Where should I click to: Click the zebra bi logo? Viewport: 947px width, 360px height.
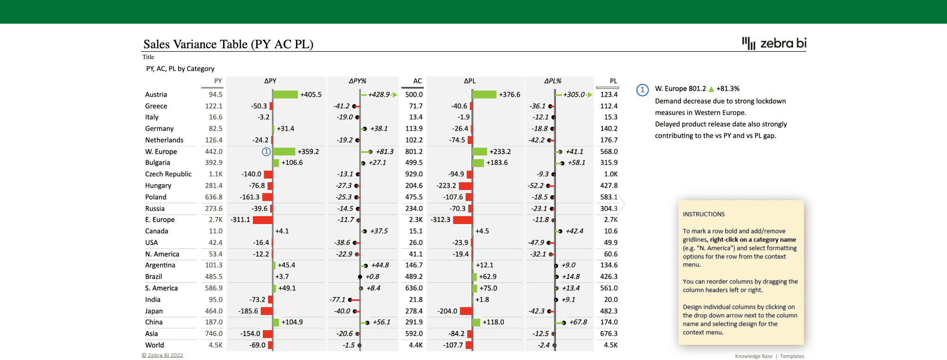point(774,44)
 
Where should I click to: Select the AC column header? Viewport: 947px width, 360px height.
point(417,81)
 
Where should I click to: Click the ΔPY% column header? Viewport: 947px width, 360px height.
point(357,81)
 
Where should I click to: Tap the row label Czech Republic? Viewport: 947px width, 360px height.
point(168,174)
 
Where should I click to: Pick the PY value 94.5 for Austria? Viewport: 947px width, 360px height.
point(215,95)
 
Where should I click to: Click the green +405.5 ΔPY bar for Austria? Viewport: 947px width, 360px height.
point(285,95)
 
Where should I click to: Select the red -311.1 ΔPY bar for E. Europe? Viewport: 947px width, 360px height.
point(262,220)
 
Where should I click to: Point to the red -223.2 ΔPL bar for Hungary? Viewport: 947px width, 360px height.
point(465,186)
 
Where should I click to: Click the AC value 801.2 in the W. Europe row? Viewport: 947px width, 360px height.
point(414,152)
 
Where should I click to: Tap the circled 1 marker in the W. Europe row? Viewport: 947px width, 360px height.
point(266,152)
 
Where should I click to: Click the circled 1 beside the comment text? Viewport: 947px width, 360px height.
point(642,90)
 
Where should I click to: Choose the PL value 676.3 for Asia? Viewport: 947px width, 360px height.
point(608,333)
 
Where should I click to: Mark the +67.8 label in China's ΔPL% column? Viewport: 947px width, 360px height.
point(578,322)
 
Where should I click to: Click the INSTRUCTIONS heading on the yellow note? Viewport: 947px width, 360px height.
point(704,214)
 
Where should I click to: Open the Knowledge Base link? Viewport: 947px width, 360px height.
point(753,356)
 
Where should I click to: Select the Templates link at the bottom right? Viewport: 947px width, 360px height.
point(792,356)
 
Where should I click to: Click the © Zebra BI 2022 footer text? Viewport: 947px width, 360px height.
point(162,355)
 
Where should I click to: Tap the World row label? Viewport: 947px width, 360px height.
point(154,345)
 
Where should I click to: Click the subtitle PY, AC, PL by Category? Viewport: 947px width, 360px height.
point(180,69)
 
